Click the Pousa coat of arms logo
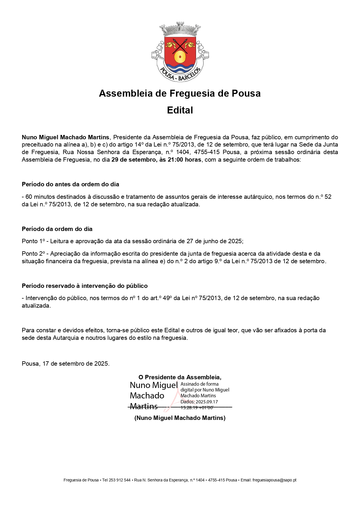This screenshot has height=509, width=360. click(x=180, y=52)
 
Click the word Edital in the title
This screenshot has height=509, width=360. click(x=180, y=110)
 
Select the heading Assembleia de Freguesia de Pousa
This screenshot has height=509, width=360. click(x=180, y=93)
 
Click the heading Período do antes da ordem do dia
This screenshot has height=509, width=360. click(x=71, y=184)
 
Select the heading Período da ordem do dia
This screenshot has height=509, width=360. click(x=57, y=229)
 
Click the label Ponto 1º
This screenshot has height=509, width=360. click(x=33, y=241)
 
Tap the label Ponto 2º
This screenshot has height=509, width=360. click(x=33, y=254)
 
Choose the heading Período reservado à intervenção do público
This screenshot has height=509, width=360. click(x=85, y=286)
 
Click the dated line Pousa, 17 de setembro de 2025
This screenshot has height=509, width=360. click(x=66, y=364)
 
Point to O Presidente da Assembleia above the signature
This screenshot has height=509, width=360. click(x=180, y=377)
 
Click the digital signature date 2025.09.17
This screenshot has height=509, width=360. click(x=207, y=402)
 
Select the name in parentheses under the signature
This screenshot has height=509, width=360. click(x=180, y=418)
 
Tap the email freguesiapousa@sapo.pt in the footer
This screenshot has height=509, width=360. click(x=274, y=480)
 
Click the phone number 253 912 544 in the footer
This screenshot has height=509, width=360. click(x=120, y=480)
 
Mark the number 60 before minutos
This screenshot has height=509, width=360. click(x=29, y=197)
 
